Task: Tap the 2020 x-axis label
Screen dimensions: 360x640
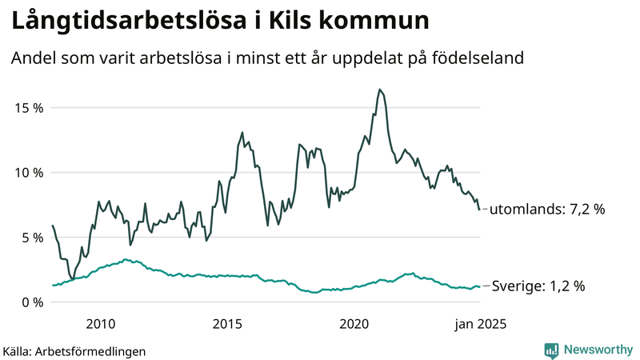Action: (x=354, y=324)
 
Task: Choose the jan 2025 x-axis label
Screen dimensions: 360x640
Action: (x=481, y=324)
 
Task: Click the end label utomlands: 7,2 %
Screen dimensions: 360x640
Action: (x=546, y=210)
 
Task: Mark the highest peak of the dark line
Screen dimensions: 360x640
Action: (x=380, y=90)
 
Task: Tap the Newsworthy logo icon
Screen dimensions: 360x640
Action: (x=551, y=350)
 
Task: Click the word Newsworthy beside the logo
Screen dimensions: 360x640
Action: (x=596, y=350)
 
